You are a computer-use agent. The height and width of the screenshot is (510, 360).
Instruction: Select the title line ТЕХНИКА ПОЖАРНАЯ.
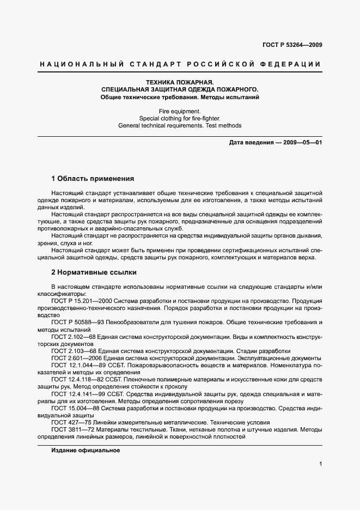click(x=180, y=82)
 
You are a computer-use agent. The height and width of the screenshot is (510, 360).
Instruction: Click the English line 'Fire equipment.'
click(x=180, y=111)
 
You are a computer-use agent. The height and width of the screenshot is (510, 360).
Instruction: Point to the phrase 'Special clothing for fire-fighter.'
click(x=180, y=118)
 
